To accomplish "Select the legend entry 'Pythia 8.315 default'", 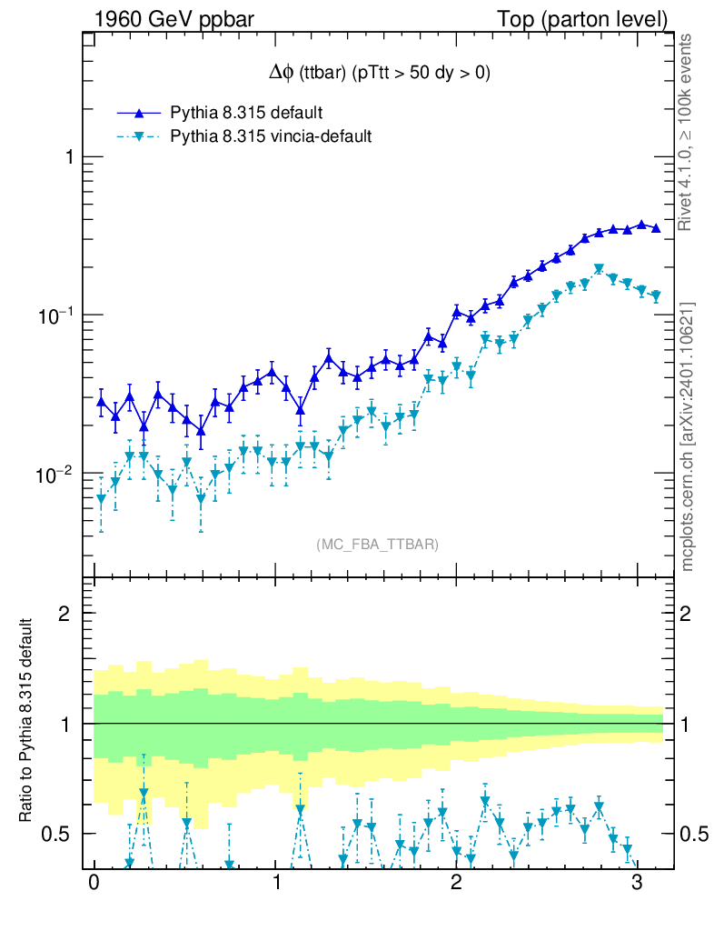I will [x=246, y=114].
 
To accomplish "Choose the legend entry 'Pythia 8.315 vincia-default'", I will [x=271, y=137].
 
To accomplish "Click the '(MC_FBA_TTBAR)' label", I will [x=378, y=545].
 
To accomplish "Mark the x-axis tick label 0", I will [x=94, y=881].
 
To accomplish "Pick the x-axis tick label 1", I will [x=275, y=881].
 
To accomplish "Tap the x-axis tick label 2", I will [x=456, y=881].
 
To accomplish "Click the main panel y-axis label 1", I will [x=67, y=156].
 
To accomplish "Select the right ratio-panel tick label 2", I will [x=694, y=614].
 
